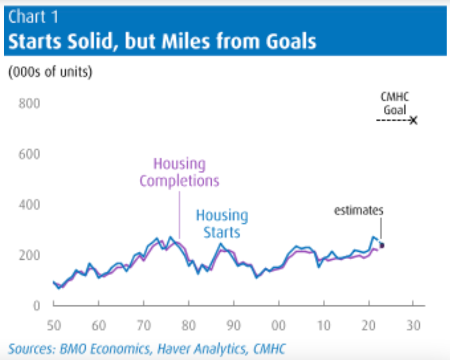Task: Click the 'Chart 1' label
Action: (x=33, y=17)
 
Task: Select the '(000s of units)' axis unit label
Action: (x=50, y=72)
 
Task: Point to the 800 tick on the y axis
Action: (x=29, y=104)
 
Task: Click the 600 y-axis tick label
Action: (x=29, y=154)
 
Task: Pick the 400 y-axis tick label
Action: (x=29, y=205)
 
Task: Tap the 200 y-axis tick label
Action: (x=29, y=255)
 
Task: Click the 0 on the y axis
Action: (x=36, y=306)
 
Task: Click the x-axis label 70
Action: (x=143, y=326)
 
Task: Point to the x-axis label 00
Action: (x=279, y=326)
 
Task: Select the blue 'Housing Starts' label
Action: (x=222, y=224)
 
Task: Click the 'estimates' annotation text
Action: (x=359, y=210)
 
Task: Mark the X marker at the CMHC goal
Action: (x=413, y=121)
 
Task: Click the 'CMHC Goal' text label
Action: (x=395, y=104)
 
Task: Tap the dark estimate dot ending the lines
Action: (x=382, y=245)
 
